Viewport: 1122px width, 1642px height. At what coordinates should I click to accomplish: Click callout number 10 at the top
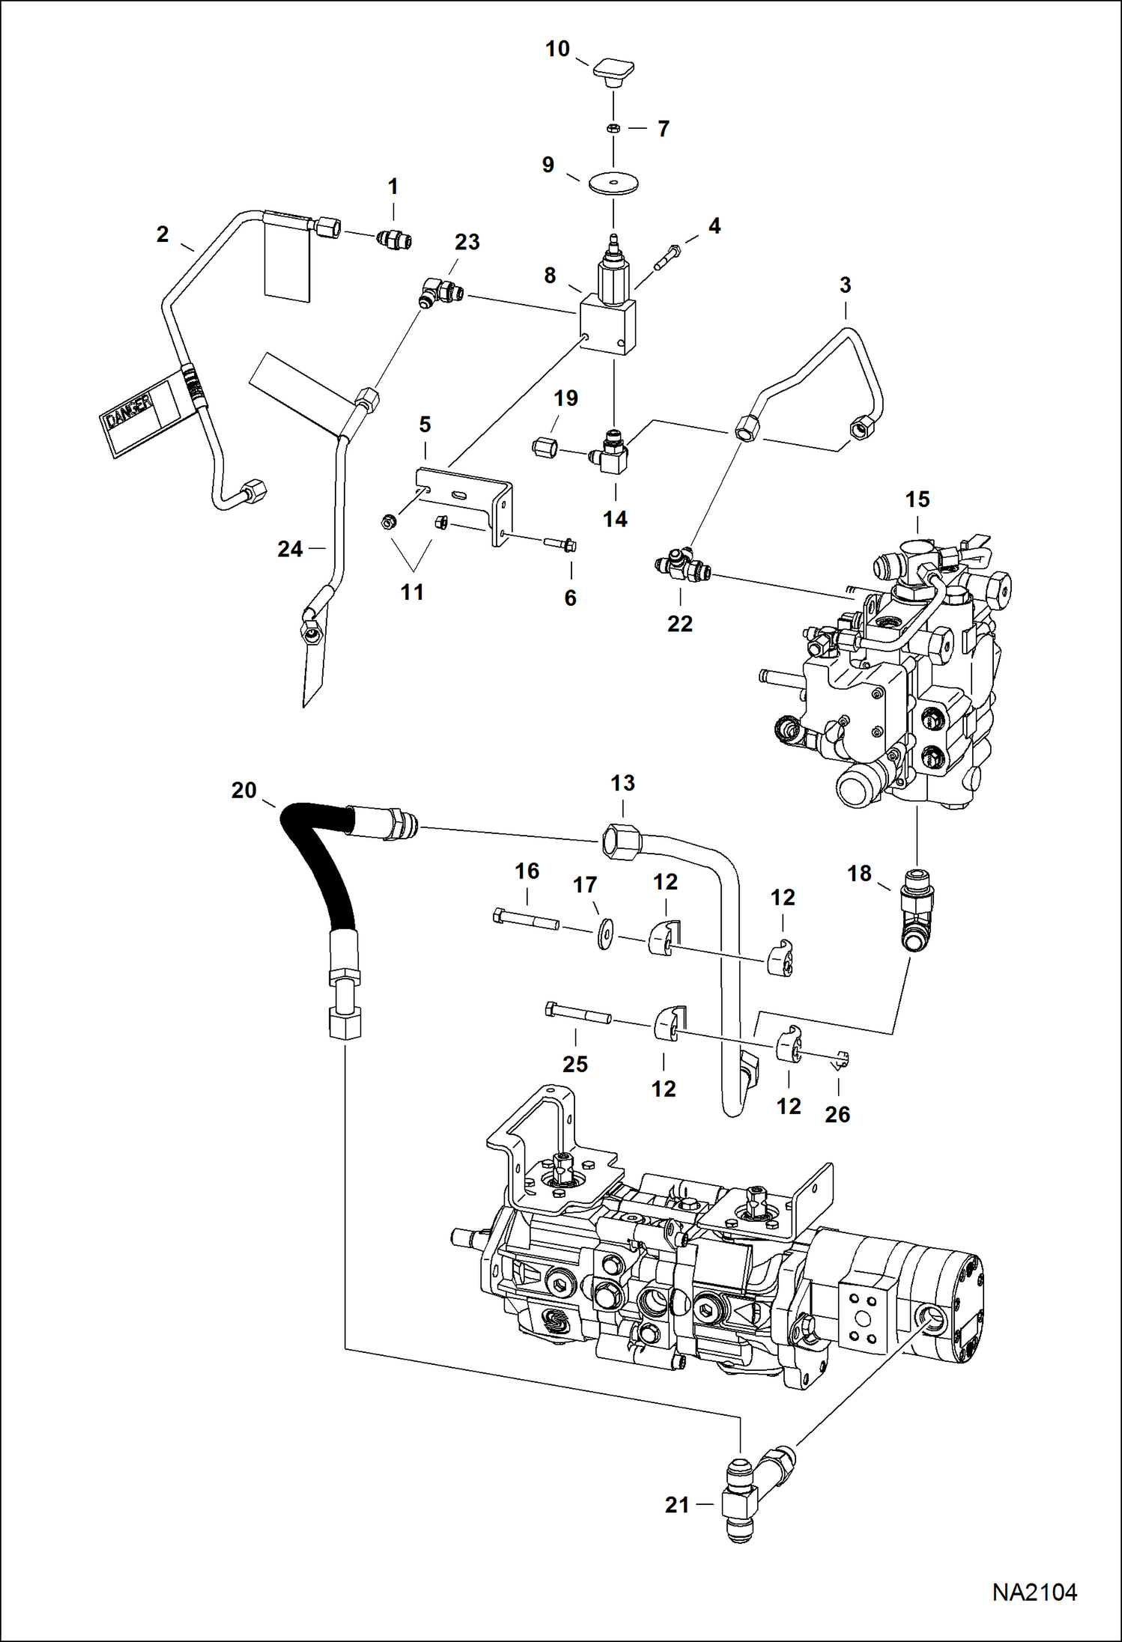pyautogui.click(x=557, y=49)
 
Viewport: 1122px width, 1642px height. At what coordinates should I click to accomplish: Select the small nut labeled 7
pyautogui.click(x=613, y=128)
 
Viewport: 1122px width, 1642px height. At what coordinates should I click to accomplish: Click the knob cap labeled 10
pyautogui.click(x=614, y=71)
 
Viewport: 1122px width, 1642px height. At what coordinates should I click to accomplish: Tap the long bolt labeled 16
pyautogui.click(x=526, y=919)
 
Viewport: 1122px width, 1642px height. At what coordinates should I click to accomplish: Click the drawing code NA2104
pyautogui.click(x=1034, y=1592)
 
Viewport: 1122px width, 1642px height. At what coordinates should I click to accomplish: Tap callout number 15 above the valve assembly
pyautogui.click(x=918, y=499)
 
